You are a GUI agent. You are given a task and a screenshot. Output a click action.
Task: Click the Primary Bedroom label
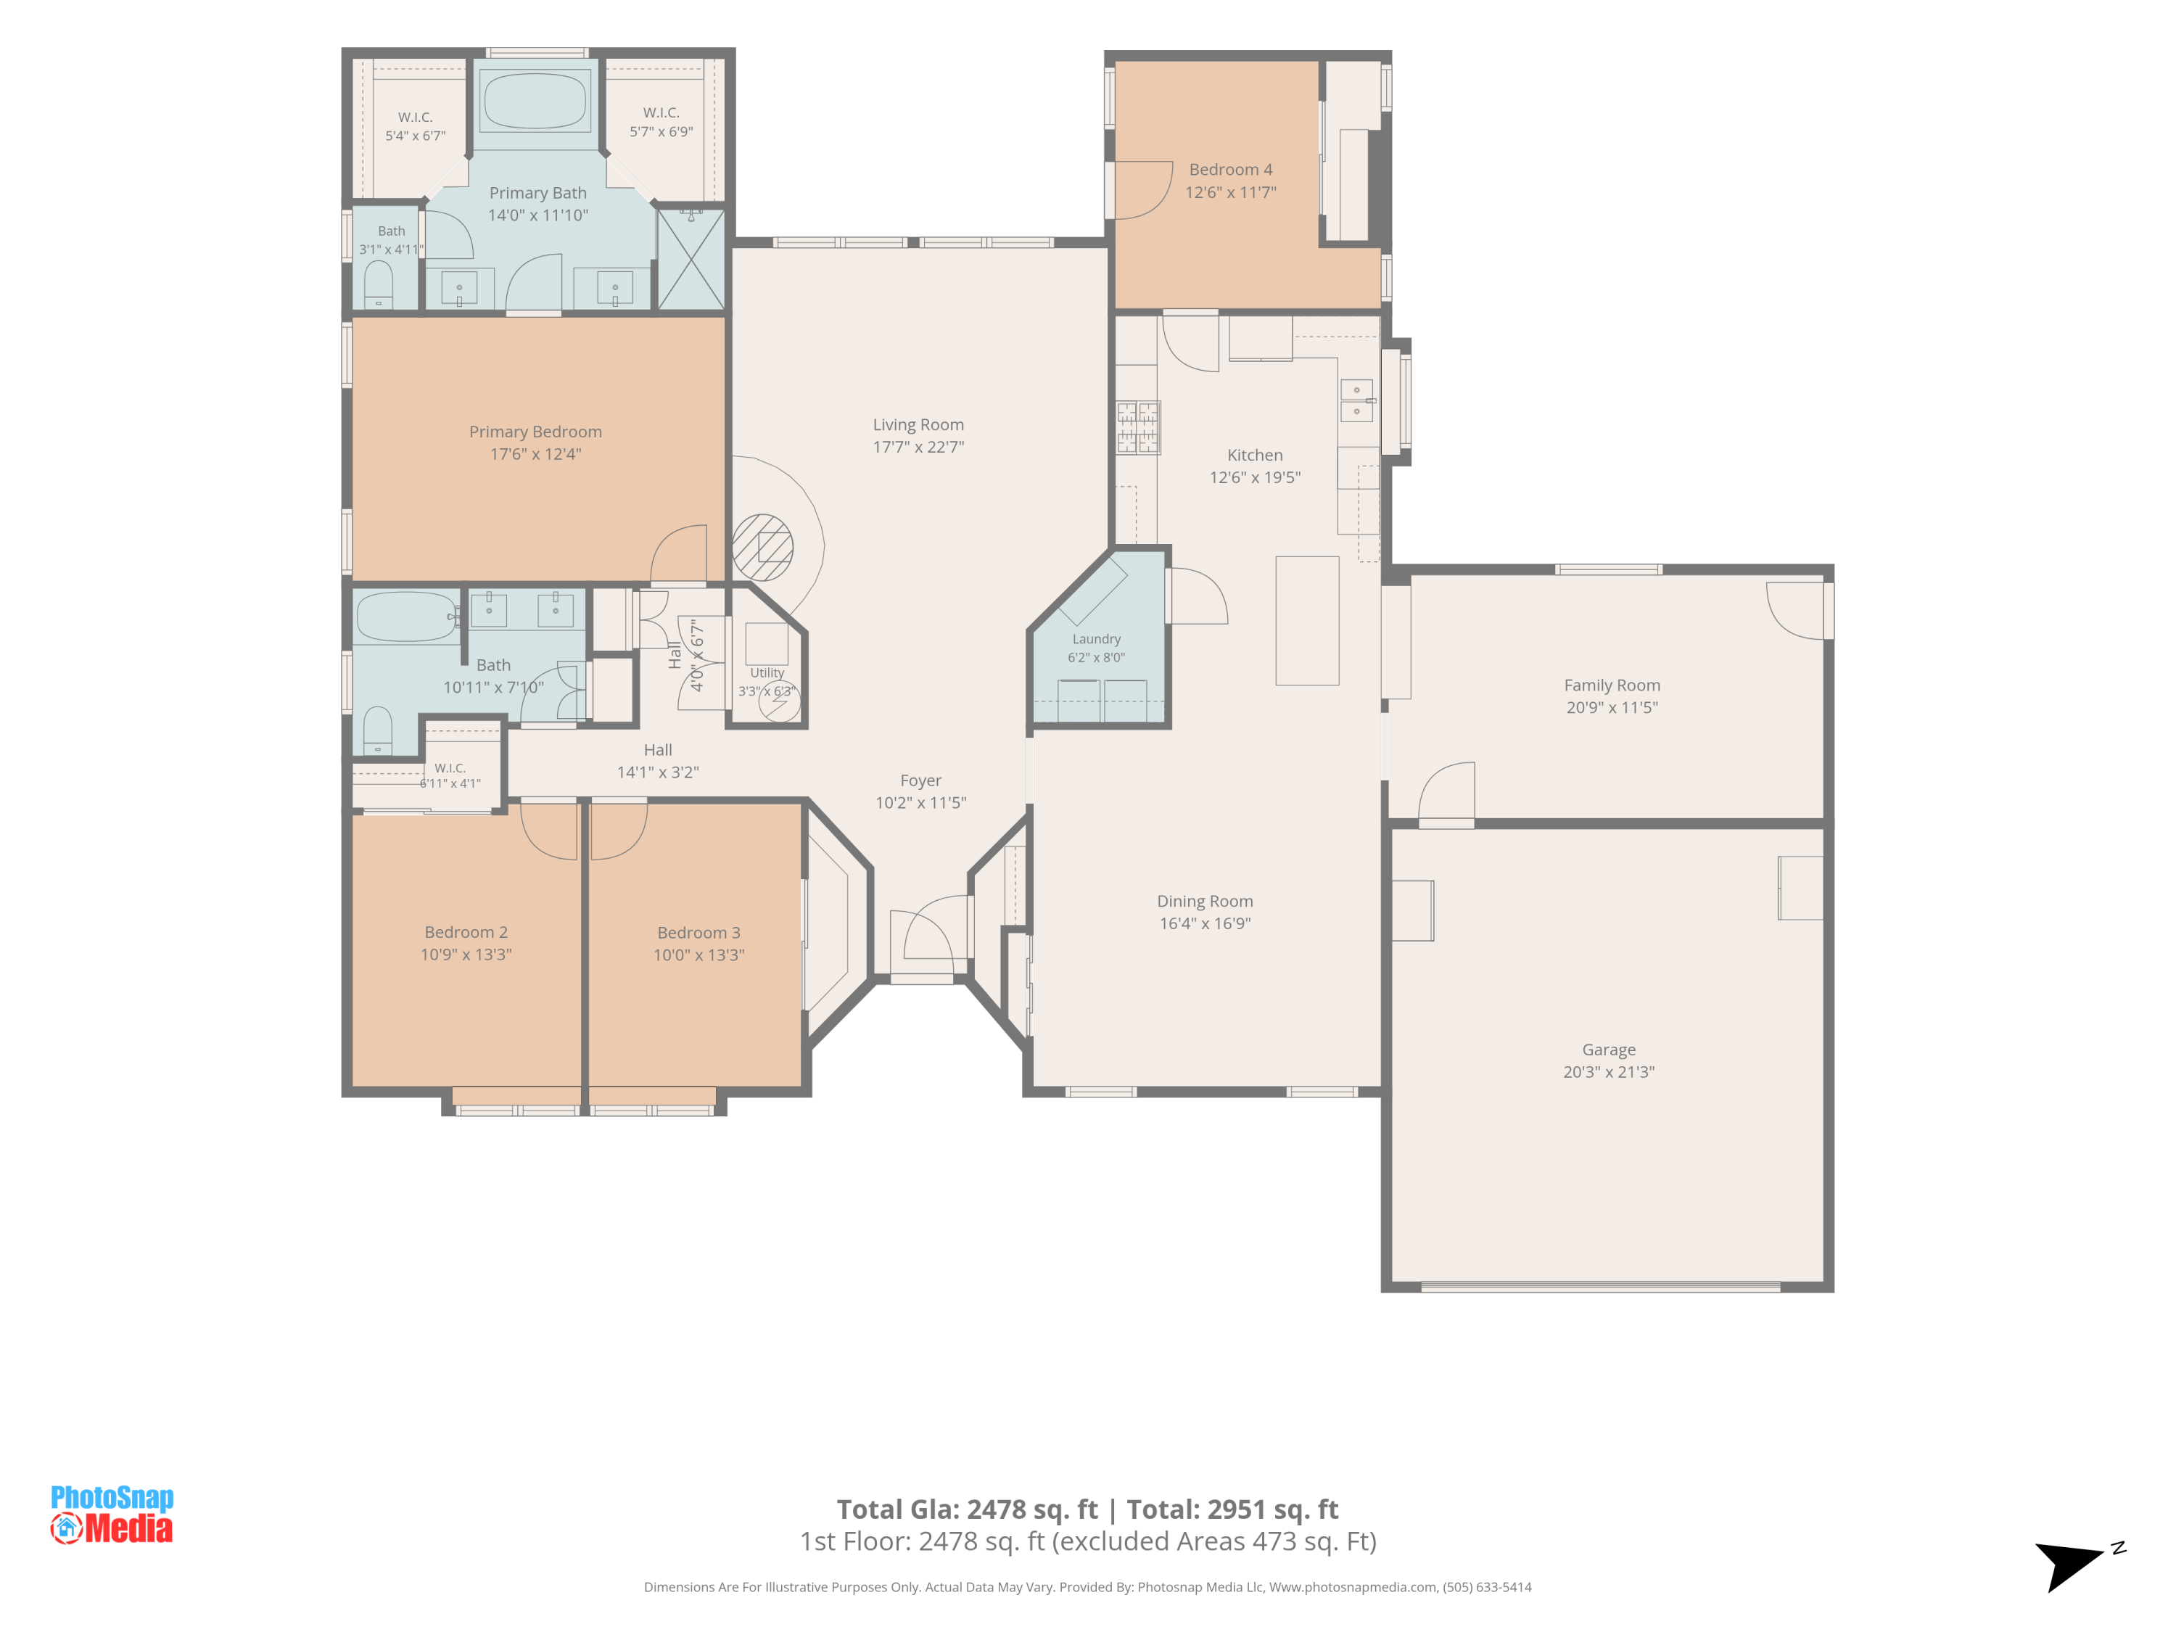[x=535, y=432]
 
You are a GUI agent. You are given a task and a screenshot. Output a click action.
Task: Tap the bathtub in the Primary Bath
[x=535, y=100]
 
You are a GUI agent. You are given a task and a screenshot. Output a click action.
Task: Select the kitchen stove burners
[x=1137, y=428]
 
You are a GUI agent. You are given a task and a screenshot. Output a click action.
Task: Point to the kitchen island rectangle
[x=1307, y=621]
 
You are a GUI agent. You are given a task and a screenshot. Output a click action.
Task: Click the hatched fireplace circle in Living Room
[x=762, y=547]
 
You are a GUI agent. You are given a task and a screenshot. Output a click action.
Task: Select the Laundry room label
[x=1096, y=640]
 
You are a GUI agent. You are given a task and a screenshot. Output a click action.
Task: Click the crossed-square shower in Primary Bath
[x=691, y=260]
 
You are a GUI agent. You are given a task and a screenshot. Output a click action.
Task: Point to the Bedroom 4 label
[x=1231, y=169]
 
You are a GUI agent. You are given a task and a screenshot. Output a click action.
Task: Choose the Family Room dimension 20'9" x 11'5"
[x=1612, y=707]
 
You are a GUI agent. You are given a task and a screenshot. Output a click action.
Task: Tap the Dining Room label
[x=1205, y=901]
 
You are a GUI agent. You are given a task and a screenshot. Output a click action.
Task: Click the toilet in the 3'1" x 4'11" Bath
[x=378, y=284]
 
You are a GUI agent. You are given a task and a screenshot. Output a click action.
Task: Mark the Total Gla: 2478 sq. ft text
[x=967, y=1509]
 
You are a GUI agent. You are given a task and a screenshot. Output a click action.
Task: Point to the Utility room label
[x=767, y=673]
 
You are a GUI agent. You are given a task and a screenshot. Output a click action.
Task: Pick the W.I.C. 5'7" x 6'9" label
[x=661, y=122]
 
